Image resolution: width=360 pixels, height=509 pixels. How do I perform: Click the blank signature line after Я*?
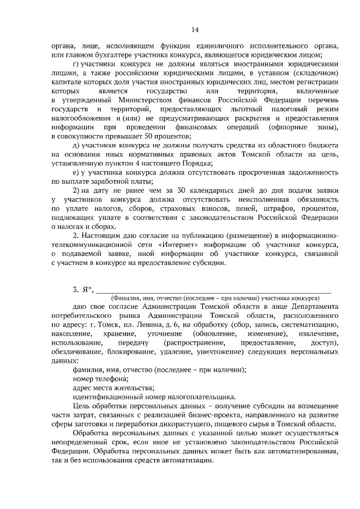(x=214, y=292)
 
